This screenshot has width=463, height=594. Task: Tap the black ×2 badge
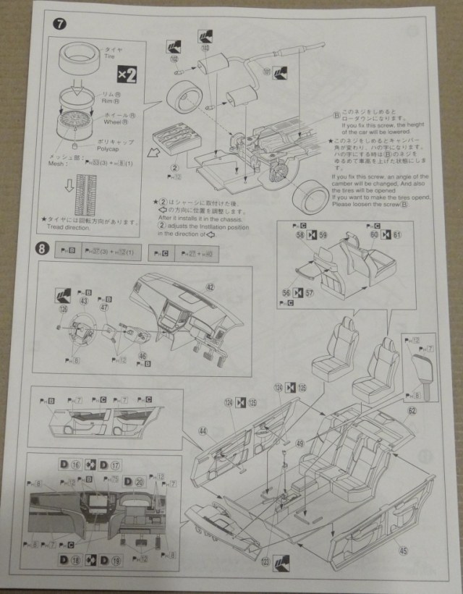(x=127, y=74)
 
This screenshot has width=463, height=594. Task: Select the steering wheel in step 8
(x=82, y=332)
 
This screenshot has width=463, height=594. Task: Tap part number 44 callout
(x=203, y=431)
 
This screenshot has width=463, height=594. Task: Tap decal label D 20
(x=135, y=481)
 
